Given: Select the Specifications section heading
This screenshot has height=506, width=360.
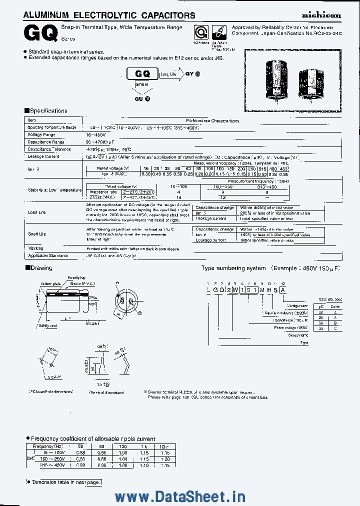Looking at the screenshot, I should pos(47,111).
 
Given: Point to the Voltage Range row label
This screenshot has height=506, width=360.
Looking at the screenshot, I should pos(41,135).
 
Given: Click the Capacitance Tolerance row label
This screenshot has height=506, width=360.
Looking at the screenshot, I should pos(49,149).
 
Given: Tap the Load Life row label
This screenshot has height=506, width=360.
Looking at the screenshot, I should pos(37,212).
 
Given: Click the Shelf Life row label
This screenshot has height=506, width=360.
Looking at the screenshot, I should pos(37,234).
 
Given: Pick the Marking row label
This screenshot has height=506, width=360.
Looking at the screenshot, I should pos(35,248).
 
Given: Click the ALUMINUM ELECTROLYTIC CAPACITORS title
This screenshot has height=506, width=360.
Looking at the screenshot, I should pos(109,15).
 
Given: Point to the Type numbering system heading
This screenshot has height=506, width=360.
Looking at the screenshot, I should pos(233,268).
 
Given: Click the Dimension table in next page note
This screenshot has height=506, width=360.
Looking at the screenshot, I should pos(66,482).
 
